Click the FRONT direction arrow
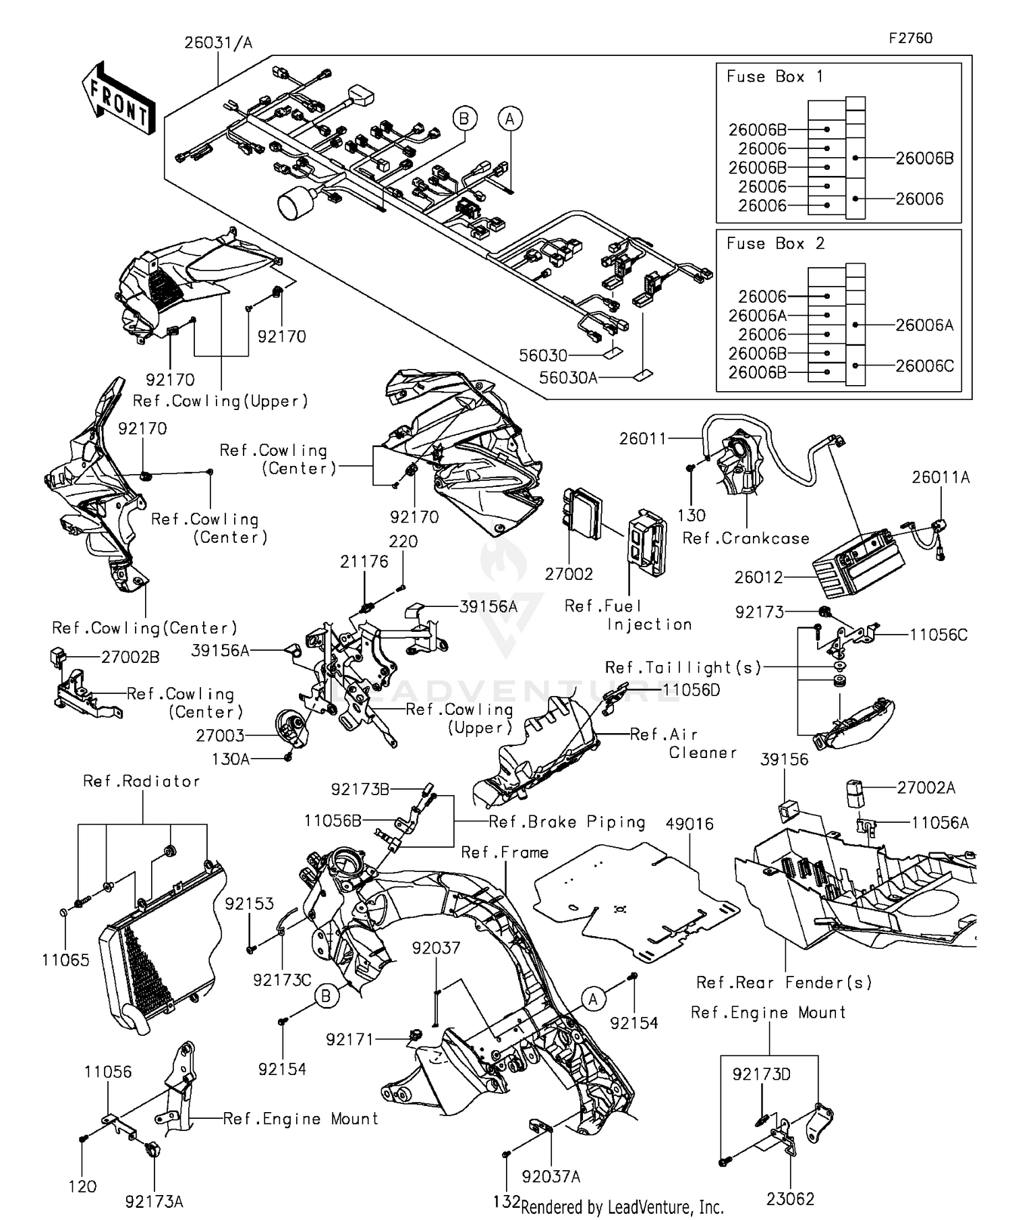tap(119, 100)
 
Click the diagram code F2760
tap(910, 38)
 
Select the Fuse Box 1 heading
tap(775, 77)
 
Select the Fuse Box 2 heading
tap(775, 243)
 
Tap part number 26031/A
tap(218, 43)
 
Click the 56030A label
tap(568, 378)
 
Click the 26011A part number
tap(940, 477)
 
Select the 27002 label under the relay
tap(569, 574)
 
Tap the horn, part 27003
tap(291, 729)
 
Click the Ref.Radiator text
tap(142, 781)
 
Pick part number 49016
tap(689, 823)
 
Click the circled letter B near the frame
tap(327, 995)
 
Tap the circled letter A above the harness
tap(510, 119)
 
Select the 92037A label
tap(551, 1176)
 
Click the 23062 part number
tap(790, 1198)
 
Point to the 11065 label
tap(65, 960)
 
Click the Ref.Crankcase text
tap(746, 538)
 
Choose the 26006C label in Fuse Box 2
tap(924, 366)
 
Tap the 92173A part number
tap(154, 1201)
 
